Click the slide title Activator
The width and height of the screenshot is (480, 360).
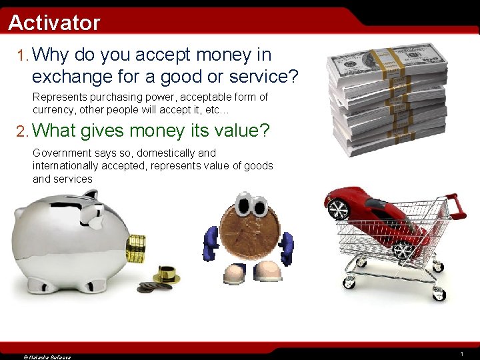tap(54, 23)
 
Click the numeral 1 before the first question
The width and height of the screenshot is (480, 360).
tap(21, 55)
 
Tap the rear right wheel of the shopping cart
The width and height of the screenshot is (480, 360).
tap(438, 293)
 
